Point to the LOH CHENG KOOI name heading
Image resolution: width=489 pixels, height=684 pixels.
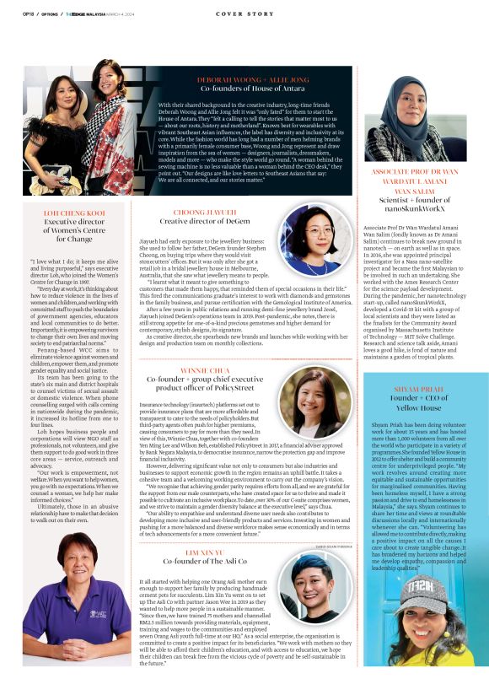point(73,213)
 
